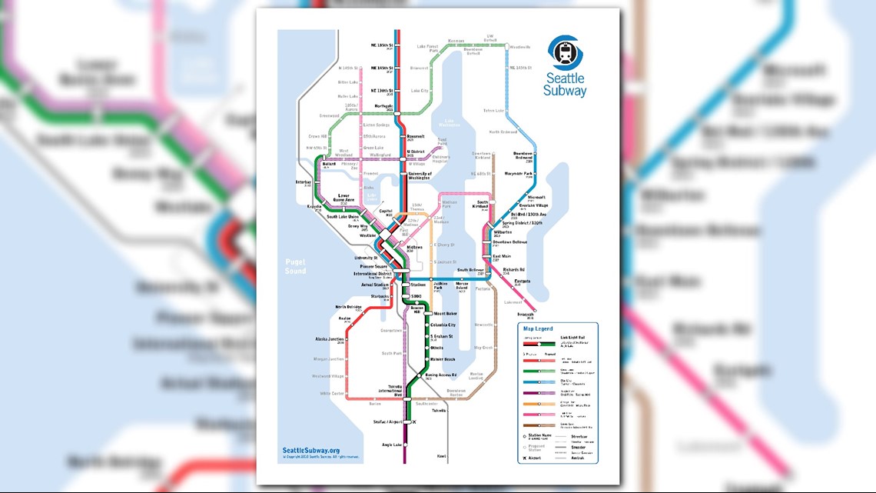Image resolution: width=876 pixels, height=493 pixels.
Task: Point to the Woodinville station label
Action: [520, 47]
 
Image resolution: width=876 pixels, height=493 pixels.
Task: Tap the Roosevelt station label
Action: [415, 137]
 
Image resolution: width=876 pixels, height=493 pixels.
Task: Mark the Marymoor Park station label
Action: [519, 175]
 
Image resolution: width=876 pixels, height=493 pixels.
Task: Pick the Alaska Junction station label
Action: [329, 339]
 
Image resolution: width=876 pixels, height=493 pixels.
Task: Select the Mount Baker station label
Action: [445, 314]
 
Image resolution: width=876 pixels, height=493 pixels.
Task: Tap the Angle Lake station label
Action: [393, 445]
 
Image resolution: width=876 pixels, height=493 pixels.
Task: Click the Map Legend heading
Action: [538, 328]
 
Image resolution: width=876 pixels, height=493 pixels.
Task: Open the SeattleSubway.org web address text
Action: [311, 451]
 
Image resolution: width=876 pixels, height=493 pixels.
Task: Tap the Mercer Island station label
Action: [462, 285]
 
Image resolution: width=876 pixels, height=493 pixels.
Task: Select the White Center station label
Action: [332, 393]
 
